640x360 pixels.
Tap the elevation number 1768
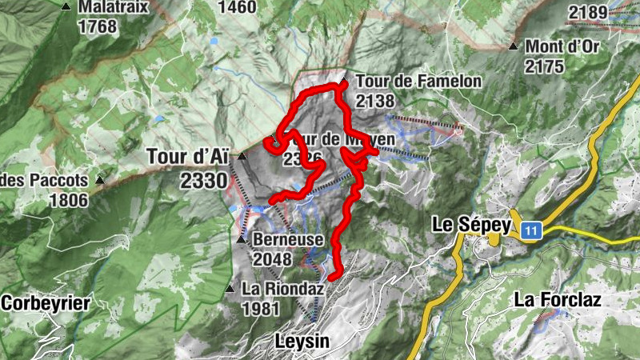pyautogui.click(x=98, y=26)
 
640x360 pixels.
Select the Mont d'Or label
pyautogui.click(x=562, y=46)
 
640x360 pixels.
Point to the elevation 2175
pyautogui.click(x=545, y=66)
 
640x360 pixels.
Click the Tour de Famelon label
pyautogui.click(x=418, y=81)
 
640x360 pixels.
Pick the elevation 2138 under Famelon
pyautogui.click(x=375, y=101)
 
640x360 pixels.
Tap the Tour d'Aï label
pyautogui.click(x=187, y=156)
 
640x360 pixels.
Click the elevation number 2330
pyautogui.click(x=204, y=181)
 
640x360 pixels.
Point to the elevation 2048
pyautogui.click(x=273, y=258)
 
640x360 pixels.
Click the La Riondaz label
pyautogui.click(x=276, y=289)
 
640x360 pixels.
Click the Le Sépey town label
pyautogui.click(x=470, y=225)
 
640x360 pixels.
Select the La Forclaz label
pyautogui.click(x=558, y=300)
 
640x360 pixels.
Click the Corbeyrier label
pyautogui.click(x=46, y=302)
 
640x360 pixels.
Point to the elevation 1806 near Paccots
pyautogui.click(x=68, y=200)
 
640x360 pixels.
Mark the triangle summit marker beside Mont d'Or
pyautogui.click(x=513, y=46)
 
